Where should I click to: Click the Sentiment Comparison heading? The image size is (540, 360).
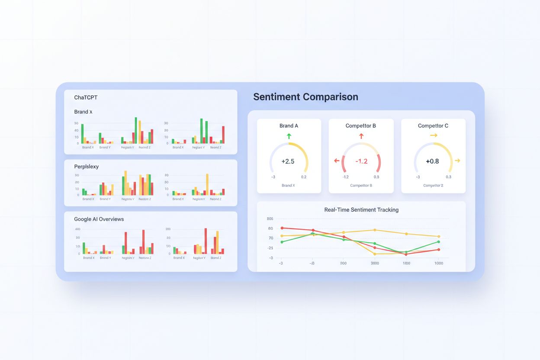[x=305, y=97]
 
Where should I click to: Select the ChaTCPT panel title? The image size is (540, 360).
[x=86, y=98]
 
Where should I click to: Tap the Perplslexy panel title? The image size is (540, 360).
[x=87, y=167]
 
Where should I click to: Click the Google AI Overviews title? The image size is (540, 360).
[x=99, y=219]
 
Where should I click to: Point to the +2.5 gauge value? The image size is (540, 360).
[x=288, y=161]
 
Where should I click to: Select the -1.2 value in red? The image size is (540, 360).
[x=361, y=161]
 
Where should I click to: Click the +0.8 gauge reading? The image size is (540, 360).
[x=432, y=161]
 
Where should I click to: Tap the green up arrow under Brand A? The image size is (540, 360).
[x=289, y=136]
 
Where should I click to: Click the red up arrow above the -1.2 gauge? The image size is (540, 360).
[x=361, y=136]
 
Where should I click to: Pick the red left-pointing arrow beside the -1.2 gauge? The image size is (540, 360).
[x=337, y=161]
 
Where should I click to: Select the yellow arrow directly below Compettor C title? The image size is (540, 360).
[x=434, y=136]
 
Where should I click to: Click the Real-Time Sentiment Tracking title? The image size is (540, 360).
[x=361, y=210]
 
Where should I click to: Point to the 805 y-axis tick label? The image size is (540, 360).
[x=270, y=219]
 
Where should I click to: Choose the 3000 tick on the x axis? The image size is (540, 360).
[x=375, y=263]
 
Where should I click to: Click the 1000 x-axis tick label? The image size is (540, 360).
[x=439, y=263]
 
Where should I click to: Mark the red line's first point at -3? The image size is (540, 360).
[x=282, y=228]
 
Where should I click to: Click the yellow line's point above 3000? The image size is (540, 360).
[x=375, y=230]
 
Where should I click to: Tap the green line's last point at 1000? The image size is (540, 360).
[x=439, y=242]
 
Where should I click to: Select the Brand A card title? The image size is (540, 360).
[x=289, y=126]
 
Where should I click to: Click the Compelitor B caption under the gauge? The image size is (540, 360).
[x=361, y=185]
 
